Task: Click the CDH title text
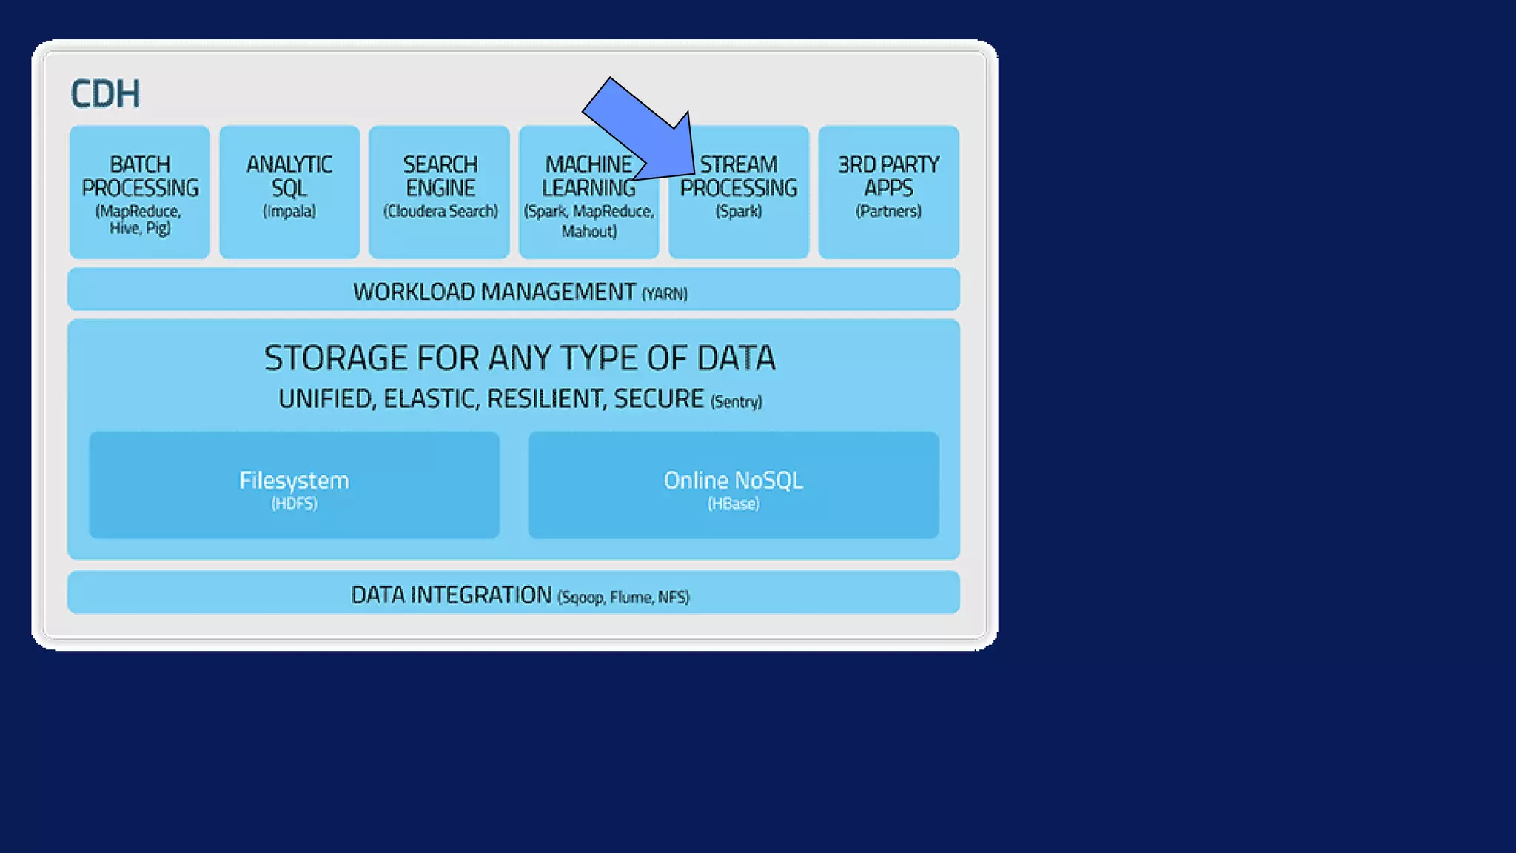(x=105, y=94)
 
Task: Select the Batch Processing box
(x=140, y=193)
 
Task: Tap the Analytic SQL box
(x=289, y=193)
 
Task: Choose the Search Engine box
(x=440, y=193)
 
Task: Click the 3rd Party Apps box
(x=888, y=193)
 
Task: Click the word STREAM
(x=739, y=164)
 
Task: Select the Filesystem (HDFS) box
(x=294, y=485)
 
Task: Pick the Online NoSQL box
(x=734, y=485)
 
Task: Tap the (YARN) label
(x=665, y=295)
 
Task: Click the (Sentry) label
(x=736, y=402)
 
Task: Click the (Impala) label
(x=289, y=212)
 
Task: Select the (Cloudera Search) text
(x=440, y=212)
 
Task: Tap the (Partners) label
(x=888, y=212)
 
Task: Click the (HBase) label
(x=734, y=504)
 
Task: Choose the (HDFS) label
(x=294, y=504)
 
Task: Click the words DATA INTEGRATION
(x=452, y=595)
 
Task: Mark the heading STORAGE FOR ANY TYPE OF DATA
(x=520, y=359)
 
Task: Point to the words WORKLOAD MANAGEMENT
(x=494, y=292)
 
